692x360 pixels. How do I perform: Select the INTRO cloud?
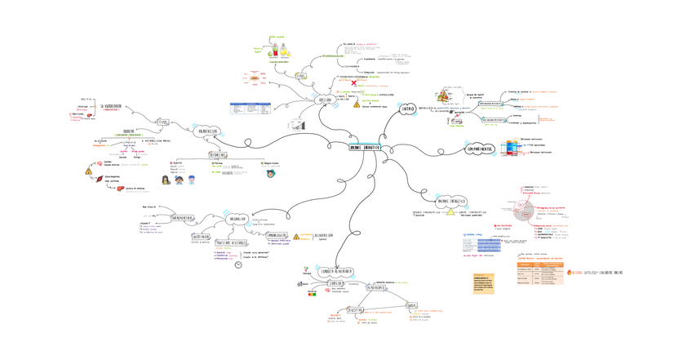pyautogui.click(x=409, y=108)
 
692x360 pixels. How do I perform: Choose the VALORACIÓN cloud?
pyautogui.click(x=238, y=219)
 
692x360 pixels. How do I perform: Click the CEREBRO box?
pyautogui.click(x=337, y=284)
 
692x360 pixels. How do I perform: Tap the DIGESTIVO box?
pyautogui.click(x=356, y=310)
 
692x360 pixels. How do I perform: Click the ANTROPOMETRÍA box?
pyautogui.click(x=182, y=219)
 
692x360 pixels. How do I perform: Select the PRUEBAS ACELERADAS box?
pyautogui.click(x=232, y=243)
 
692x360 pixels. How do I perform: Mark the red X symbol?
pyautogui.click(x=353, y=82)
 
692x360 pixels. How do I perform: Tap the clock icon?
pyautogui.click(x=237, y=264)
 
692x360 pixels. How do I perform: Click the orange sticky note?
pyautogui.click(x=484, y=282)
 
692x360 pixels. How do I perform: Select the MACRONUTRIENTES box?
pyautogui.click(x=490, y=104)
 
